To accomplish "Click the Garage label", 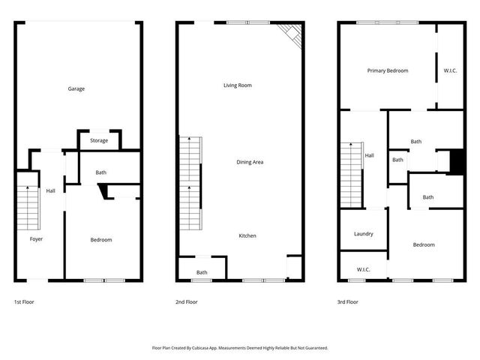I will pos(76,88).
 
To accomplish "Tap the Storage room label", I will pos(99,140).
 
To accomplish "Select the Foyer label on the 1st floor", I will pos(36,239).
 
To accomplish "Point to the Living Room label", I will pos(237,85).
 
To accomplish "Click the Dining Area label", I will pos(250,162).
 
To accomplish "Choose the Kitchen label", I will pos(247,235).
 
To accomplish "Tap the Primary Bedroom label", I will pos(388,70).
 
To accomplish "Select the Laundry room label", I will pos(363,234).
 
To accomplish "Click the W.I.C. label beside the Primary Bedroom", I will pos(450,70).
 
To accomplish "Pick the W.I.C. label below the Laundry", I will pos(363,269).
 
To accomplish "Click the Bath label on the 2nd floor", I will pos(202,272).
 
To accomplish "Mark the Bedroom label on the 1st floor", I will pos(101,240).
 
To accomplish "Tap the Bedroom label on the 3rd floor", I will pos(424,244).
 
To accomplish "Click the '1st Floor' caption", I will pos(24,302).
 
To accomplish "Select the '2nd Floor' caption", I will pos(187,302).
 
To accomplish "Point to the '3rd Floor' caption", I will pos(348,302).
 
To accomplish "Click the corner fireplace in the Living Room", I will pos(291,33).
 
